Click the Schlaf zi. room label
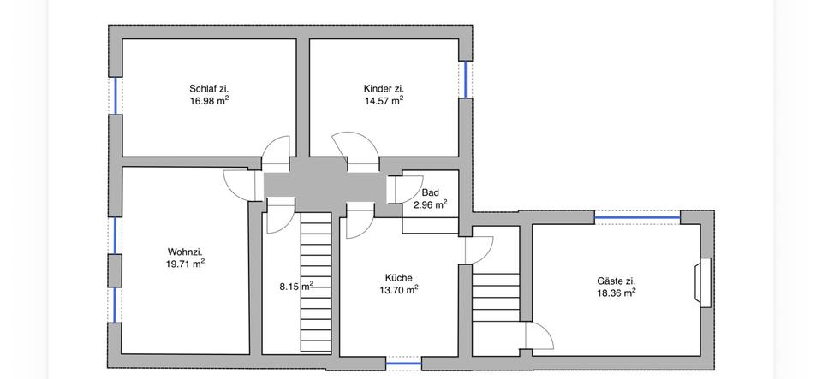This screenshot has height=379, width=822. (209, 88)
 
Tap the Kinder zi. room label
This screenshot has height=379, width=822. (384, 88)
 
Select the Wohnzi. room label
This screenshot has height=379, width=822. (185, 252)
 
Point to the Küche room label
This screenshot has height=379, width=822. (399, 278)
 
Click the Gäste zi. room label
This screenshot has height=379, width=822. (616, 281)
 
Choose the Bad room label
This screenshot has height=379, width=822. (430, 193)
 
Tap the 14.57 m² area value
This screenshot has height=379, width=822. (384, 99)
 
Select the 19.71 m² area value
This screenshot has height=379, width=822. (185, 264)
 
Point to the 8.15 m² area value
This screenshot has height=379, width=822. (295, 287)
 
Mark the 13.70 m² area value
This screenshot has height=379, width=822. (399, 290)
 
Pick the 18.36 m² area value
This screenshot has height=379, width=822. (616, 293)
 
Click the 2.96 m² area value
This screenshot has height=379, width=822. (430, 204)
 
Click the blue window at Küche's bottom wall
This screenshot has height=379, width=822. (404, 363)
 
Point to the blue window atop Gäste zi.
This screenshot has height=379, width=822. (637, 218)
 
